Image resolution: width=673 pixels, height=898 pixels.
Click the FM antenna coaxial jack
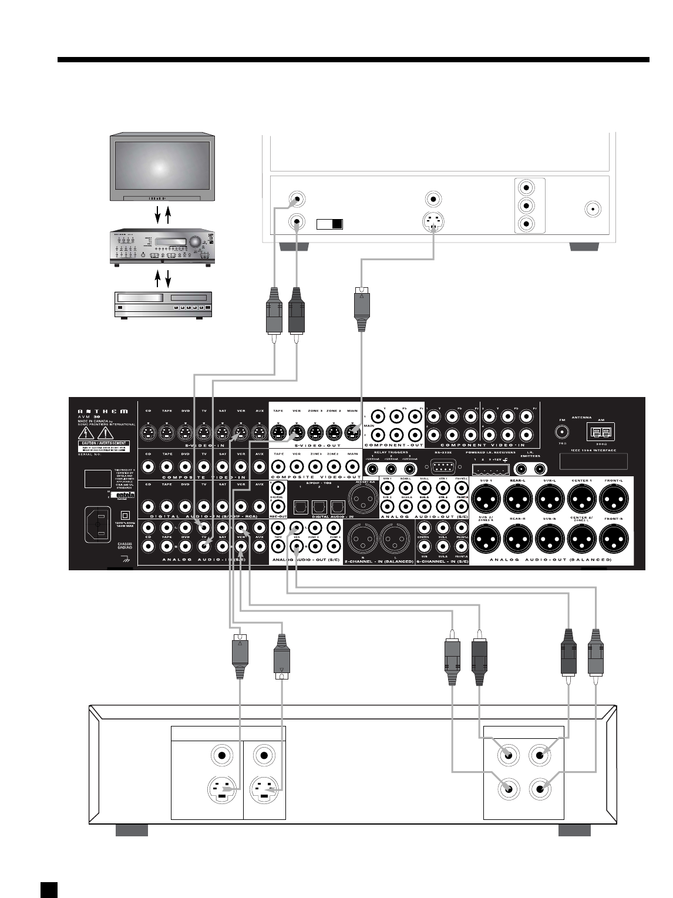[562, 433]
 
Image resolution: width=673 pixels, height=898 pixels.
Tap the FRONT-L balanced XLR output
[614, 500]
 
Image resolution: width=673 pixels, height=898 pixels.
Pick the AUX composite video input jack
[259, 468]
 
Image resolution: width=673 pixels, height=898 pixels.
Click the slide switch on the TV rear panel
[329, 224]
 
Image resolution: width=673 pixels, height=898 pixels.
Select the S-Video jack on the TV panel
[433, 223]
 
